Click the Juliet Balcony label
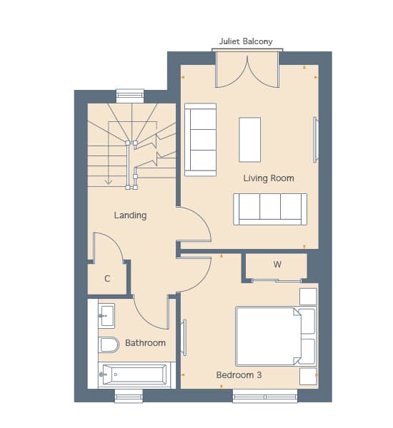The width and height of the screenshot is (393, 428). click(246, 41)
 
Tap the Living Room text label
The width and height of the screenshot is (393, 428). click(269, 178)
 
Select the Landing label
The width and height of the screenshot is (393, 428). click(130, 215)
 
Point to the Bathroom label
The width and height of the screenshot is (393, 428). click(145, 343)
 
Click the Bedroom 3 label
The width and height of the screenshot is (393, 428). click(239, 375)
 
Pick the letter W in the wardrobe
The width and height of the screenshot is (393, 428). click(277, 264)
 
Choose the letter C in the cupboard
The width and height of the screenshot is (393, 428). click(107, 279)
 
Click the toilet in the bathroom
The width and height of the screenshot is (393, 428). click(109, 345)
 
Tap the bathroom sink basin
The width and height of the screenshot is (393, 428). click(106, 316)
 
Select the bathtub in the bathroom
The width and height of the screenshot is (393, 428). click(134, 374)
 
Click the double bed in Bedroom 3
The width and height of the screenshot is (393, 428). click(276, 336)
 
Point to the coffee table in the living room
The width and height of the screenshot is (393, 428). click(249, 140)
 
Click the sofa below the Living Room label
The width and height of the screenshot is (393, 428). click(270, 209)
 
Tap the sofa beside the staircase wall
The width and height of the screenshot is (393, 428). click(201, 140)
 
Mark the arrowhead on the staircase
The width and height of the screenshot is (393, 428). click(109, 181)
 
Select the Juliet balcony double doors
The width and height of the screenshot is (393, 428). click(247, 71)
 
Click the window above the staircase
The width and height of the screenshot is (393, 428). click(130, 96)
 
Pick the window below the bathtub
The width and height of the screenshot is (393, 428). click(129, 396)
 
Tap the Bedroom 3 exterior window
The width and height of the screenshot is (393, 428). click(265, 396)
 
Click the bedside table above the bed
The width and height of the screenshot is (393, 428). click(308, 296)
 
